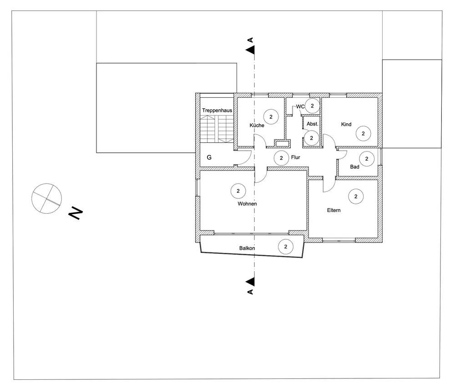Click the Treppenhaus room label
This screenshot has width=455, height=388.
(217, 111)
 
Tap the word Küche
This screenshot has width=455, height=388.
(257, 126)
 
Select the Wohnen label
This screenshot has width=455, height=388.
(247, 204)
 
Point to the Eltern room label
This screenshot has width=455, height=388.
(334, 211)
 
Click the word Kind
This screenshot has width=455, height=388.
(346, 124)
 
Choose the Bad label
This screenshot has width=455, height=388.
(355, 167)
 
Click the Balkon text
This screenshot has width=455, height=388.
(247, 248)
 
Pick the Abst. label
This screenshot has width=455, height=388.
(312, 124)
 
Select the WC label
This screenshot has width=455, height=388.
(300, 106)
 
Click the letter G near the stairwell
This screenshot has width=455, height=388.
(209, 158)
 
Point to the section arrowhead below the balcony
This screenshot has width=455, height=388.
(250, 282)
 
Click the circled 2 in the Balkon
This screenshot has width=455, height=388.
(286, 247)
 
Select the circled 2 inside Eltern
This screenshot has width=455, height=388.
(356, 197)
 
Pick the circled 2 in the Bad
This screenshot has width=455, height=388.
(366, 159)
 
